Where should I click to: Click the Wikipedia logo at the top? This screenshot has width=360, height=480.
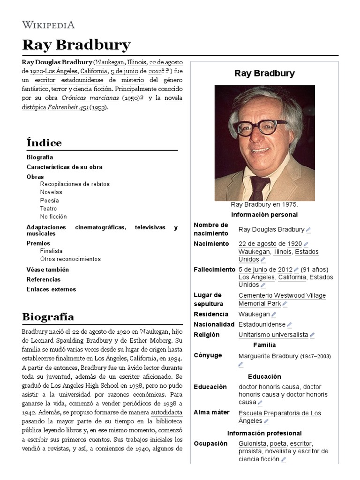[48, 25]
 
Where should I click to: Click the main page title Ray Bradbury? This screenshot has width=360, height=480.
[76, 45]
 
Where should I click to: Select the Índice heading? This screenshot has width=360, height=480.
[44, 142]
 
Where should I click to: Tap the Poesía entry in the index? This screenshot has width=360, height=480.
[50, 200]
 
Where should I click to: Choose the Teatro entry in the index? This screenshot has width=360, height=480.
[48, 209]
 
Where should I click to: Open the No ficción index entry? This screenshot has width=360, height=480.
[53, 217]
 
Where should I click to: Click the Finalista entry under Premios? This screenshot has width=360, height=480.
[51, 251]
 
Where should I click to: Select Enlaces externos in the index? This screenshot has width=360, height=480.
[51, 289]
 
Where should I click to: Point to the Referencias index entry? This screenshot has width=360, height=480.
[44, 279]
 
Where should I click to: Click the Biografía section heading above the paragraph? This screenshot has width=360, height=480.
[48, 317]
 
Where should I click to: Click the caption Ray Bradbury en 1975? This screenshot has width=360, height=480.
[264, 205]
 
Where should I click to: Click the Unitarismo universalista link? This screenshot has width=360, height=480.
[273, 335]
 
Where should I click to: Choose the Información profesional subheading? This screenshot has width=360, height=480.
[264, 433]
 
